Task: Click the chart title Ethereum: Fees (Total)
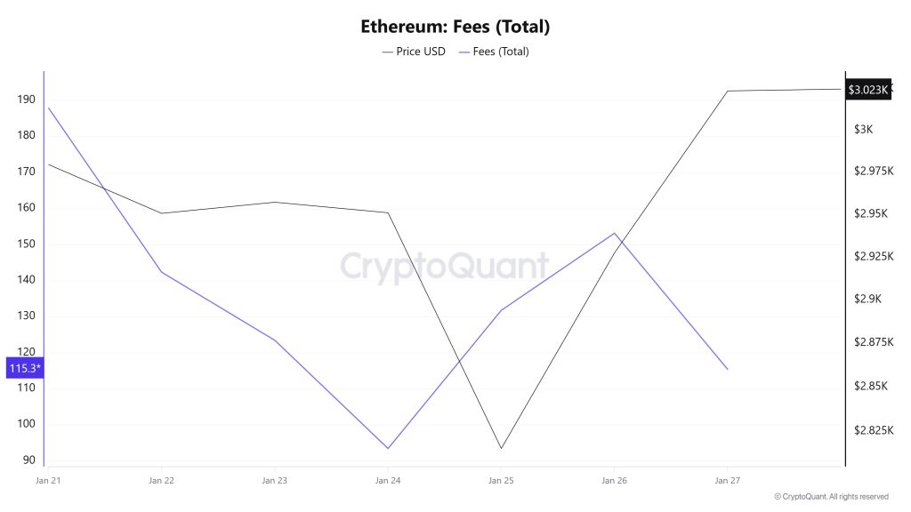click(455, 27)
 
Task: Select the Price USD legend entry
click(415, 52)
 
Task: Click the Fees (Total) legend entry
click(494, 52)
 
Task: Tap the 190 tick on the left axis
click(26, 100)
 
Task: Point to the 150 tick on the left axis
click(26, 244)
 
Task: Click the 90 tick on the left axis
click(29, 460)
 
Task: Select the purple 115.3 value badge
click(24, 368)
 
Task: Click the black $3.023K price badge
click(867, 90)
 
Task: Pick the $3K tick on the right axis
click(863, 130)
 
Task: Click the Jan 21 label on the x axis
click(47, 481)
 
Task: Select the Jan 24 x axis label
click(388, 481)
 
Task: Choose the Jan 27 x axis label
click(728, 481)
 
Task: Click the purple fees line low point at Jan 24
click(388, 448)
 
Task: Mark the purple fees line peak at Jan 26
click(614, 233)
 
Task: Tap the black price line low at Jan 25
click(501, 448)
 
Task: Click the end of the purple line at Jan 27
click(728, 369)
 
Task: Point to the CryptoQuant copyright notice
click(831, 497)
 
